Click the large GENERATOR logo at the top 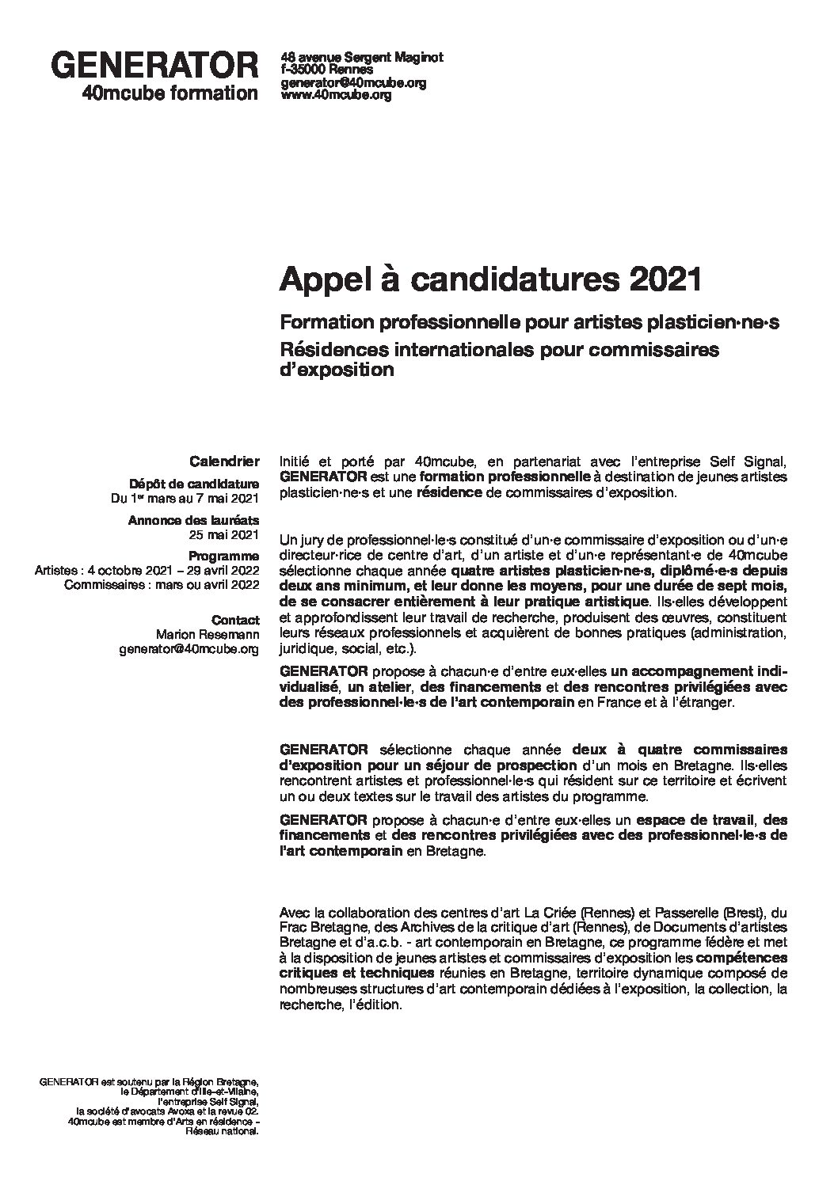[154, 66]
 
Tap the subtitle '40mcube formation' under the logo [170, 93]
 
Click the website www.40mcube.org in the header [337, 95]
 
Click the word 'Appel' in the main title [316, 280]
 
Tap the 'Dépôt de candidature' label [194, 484]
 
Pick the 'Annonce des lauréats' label [193, 521]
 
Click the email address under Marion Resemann [189, 649]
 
